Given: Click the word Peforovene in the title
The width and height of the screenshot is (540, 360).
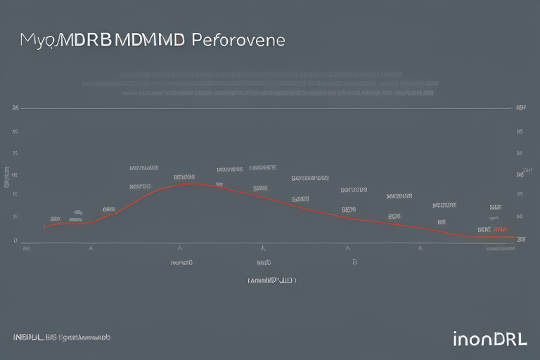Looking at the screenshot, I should pyautogui.click(x=237, y=40).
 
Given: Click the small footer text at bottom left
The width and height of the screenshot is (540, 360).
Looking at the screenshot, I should pyautogui.click(x=62, y=337).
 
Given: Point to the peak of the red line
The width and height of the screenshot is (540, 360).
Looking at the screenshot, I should pyautogui.click(x=193, y=184).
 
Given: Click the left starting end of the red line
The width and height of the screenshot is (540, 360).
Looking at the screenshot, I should pyautogui.click(x=44, y=227).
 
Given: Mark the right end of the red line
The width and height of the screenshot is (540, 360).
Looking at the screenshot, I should pyautogui.click(x=515, y=237).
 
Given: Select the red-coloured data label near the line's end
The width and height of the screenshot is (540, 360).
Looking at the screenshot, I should pyautogui.click(x=501, y=229).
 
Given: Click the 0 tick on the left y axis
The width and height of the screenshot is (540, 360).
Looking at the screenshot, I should pyautogui.click(x=15, y=240).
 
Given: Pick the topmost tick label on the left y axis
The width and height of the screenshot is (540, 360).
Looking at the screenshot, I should pyautogui.click(x=15, y=109).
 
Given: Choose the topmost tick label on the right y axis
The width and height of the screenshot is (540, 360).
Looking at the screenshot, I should pyautogui.click(x=521, y=109).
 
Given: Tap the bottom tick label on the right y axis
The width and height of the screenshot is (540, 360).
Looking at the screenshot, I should pyautogui.click(x=522, y=240).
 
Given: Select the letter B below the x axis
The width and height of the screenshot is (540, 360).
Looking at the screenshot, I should pyautogui.click(x=354, y=262).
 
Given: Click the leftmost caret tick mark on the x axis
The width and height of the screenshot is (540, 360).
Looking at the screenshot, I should pyautogui.click(x=90, y=248).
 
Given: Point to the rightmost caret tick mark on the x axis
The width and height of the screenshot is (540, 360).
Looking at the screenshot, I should pyautogui.click(x=420, y=248).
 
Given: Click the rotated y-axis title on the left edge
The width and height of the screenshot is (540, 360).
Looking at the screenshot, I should pyautogui.click(x=7, y=178).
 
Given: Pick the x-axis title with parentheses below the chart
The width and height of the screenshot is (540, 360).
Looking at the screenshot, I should pyautogui.click(x=272, y=280).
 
